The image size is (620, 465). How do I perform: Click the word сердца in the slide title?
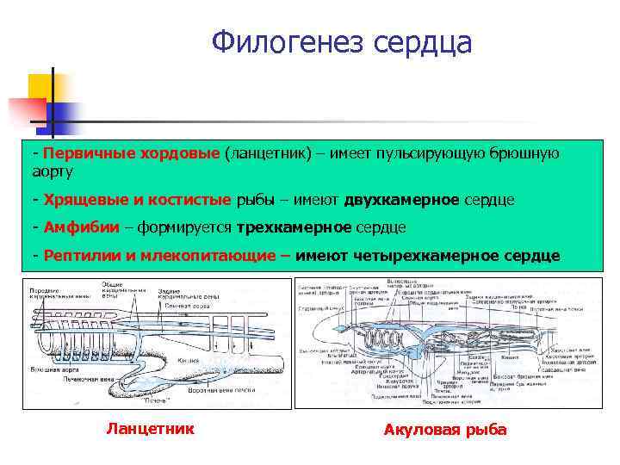coord(422,41)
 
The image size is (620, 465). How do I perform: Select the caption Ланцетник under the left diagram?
coord(150,428)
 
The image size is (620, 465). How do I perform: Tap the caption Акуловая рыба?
coord(445,430)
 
